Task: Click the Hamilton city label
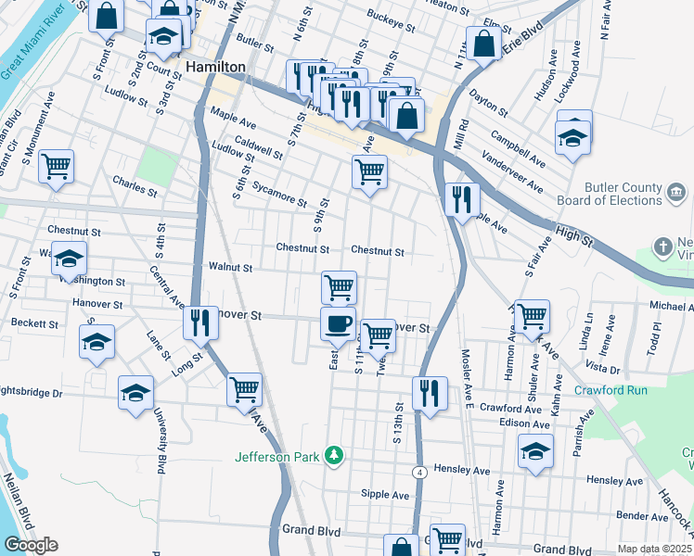pos(215,68)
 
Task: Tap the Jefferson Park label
pos(276,456)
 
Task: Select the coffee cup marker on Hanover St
pos(338,323)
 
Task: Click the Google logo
pos(30,545)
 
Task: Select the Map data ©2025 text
pos(654,549)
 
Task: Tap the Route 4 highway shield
pos(421,473)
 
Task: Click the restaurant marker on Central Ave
pos(200,322)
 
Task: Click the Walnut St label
pos(230,267)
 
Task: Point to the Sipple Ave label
pos(385,495)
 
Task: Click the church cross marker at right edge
pos(662,246)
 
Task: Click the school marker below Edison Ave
pos(534,452)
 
